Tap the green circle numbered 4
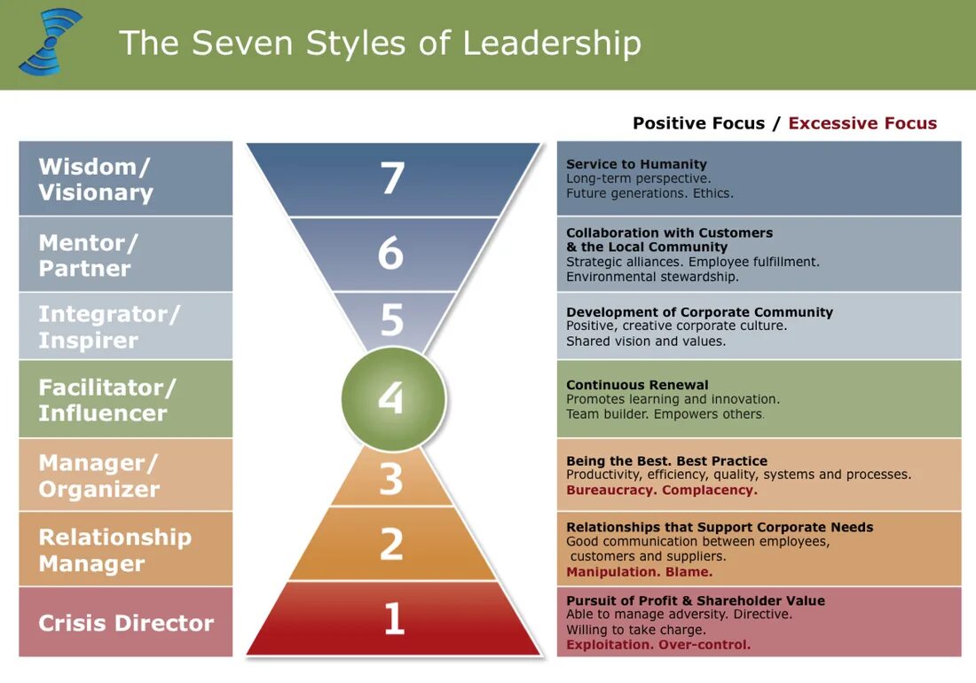coord(393,399)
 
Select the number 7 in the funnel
coord(393,178)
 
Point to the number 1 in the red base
coord(393,618)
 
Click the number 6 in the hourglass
coord(391,254)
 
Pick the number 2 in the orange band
coord(391,544)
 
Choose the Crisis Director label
coord(126,623)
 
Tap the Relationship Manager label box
coord(125,550)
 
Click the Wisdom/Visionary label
coord(125,179)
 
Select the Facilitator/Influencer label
coord(125,400)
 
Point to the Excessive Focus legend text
coord(862,123)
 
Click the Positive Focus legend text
coord(698,123)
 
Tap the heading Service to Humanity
coord(636,164)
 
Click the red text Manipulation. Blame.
coord(639,572)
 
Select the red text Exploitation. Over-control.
coord(658,645)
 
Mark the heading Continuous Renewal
coord(637,385)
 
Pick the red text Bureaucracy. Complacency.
coord(662,490)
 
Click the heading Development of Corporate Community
coord(699,312)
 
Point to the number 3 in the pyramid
coord(391,479)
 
